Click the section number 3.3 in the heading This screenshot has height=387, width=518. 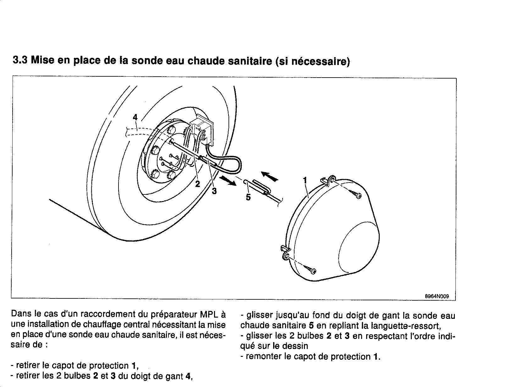coord(20,60)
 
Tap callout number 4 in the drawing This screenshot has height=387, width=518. coord(135,117)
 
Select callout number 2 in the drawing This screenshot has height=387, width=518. coord(197,184)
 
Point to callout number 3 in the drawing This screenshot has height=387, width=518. coord(214,191)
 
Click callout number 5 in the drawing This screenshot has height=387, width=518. coord(248,197)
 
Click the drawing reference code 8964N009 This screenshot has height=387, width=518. coord(437,296)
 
